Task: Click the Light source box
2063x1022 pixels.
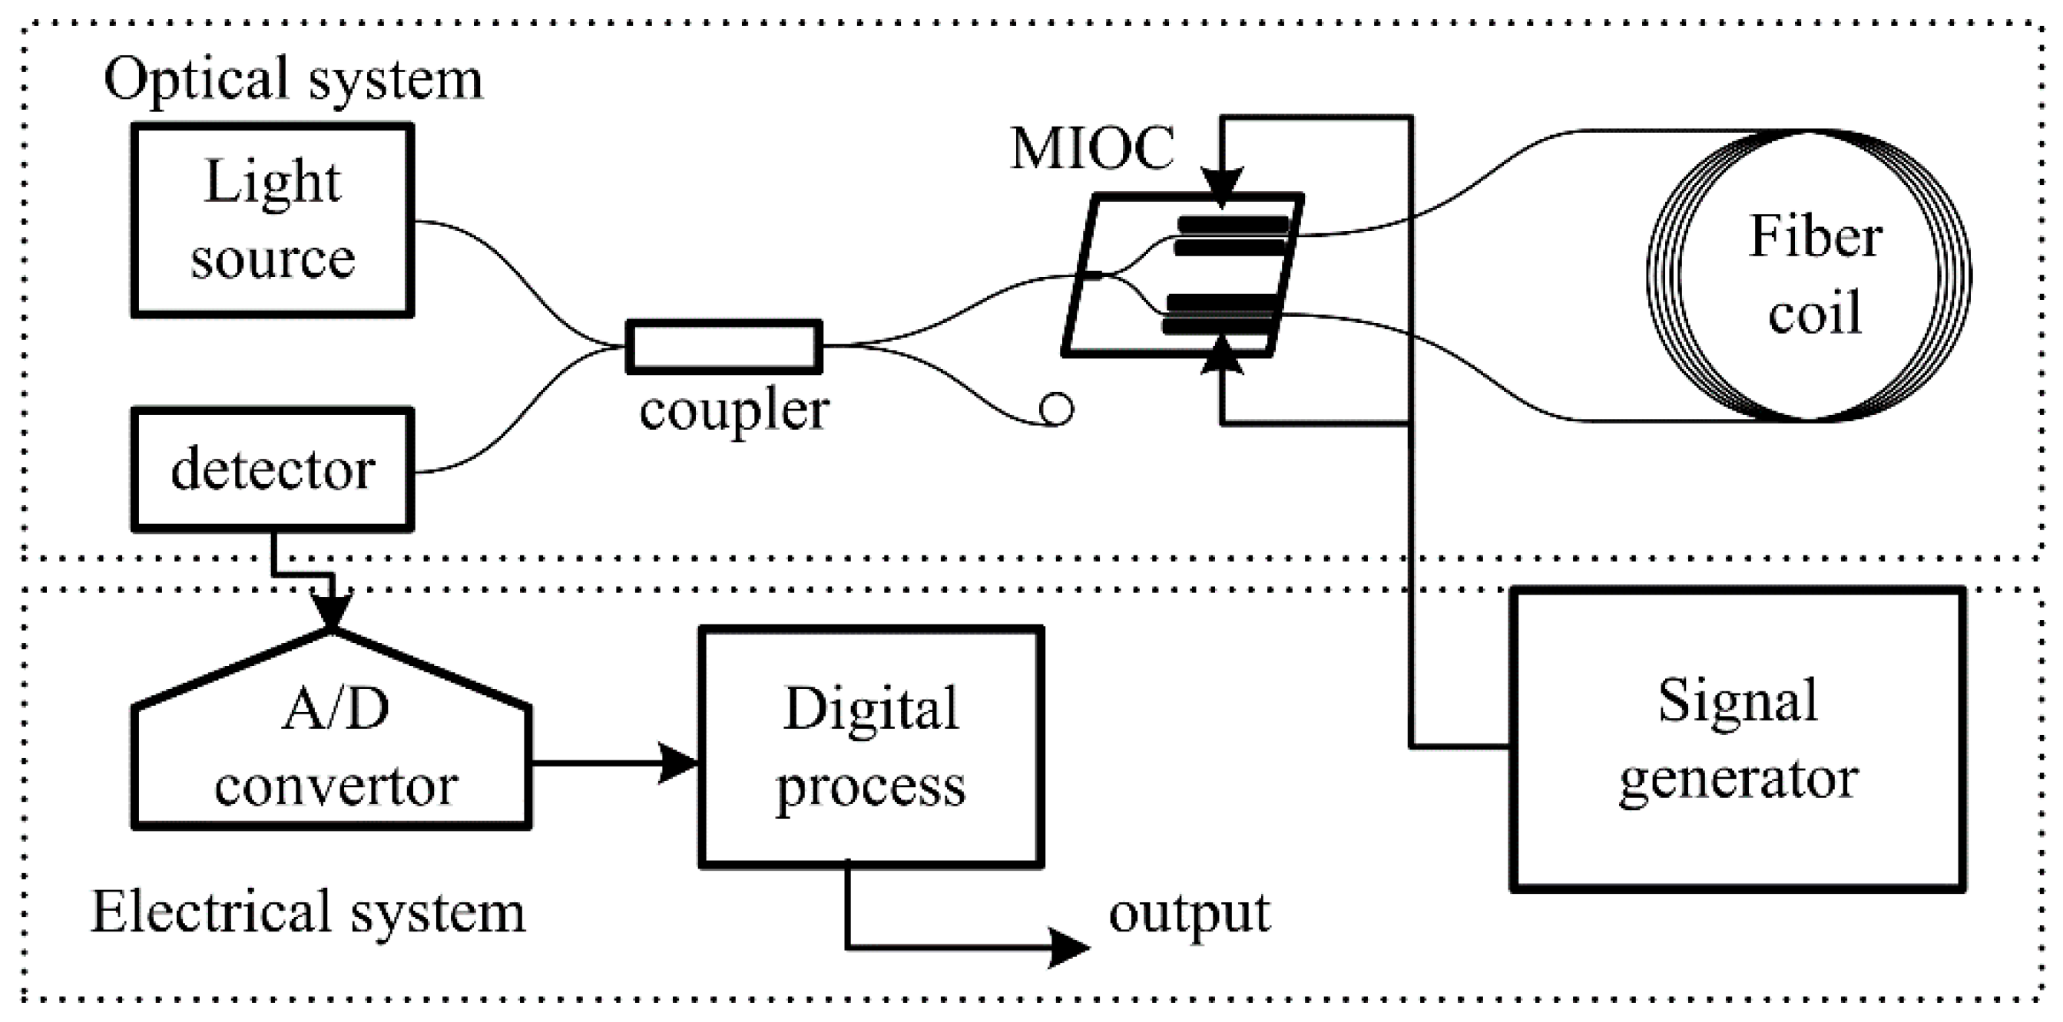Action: pyautogui.click(x=273, y=220)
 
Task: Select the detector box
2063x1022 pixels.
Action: pyautogui.click(x=273, y=470)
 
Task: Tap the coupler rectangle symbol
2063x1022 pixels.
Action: pyautogui.click(x=724, y=347)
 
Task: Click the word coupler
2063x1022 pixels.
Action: pyautogui.click(x=733, y=410)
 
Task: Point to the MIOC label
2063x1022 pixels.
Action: pyautogui.click(x=1092, y=149)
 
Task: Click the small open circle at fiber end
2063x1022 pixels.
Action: pyautogui.click(x=1056, y=408)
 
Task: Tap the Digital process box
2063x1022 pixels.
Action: pyautogui.click(x=871, y=747)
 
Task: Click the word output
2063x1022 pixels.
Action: pyautogui.click(x=1189, y=913)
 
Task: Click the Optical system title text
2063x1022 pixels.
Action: pyautogui.click(x=293, y=79)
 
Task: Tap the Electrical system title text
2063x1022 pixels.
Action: pyautogui.click(x=307, y=912)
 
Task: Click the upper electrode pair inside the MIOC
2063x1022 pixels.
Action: pyautogui.click(x=1231, y=236)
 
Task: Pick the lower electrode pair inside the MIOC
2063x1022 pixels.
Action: pyautogui.click(x=1219, y=314)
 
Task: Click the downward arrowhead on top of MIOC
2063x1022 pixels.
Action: pyautogui.click(x=1222, y=187)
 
